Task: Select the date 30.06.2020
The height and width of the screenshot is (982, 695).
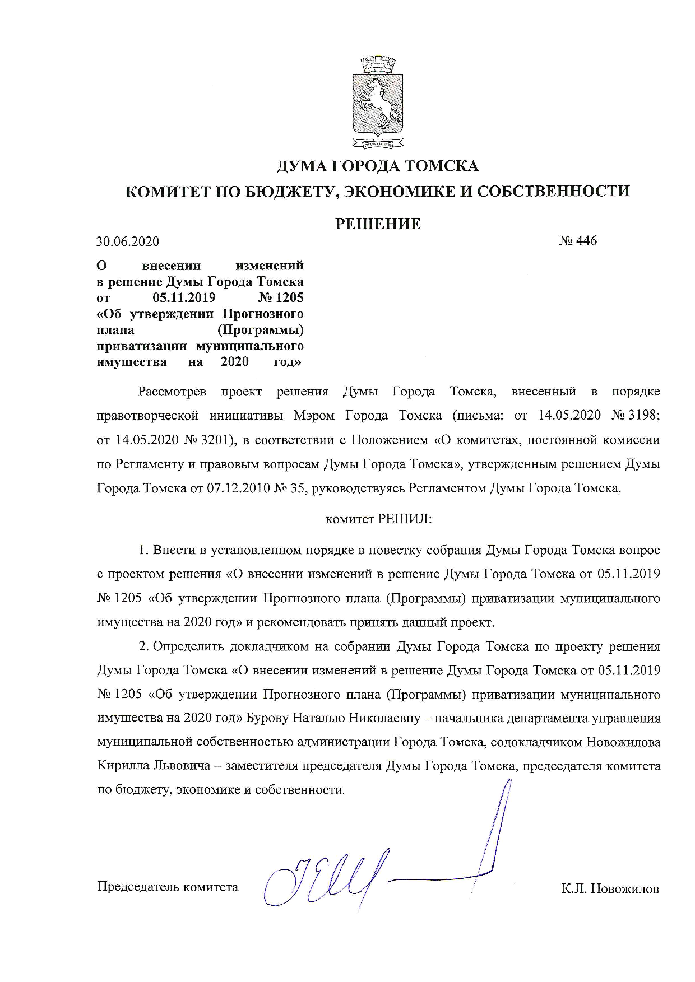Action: point(128,241)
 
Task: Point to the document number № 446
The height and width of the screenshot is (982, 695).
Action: point(578,241)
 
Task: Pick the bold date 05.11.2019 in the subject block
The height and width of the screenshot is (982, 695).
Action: point(184,297)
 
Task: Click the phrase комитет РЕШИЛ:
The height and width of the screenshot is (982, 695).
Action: point(378,519)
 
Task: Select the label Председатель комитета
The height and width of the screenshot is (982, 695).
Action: point(168,887)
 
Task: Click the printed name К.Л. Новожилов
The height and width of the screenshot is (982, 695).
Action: point(610,888)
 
